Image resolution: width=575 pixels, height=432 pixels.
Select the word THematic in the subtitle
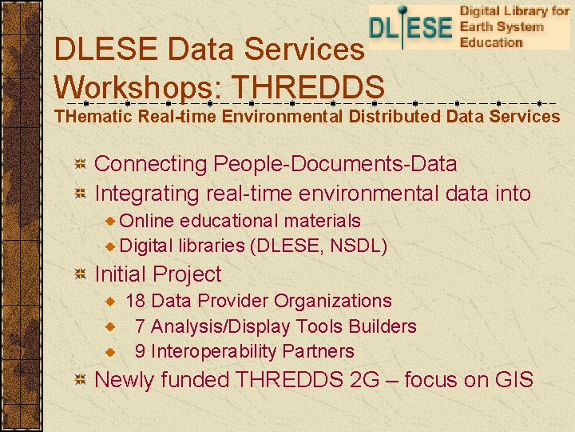click(x=93, y=117)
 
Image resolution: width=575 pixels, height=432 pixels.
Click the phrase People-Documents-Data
click(x=335, y=164)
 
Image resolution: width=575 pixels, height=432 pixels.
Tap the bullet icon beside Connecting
click(x=80, y=165)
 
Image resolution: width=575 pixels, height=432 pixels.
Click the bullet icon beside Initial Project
click(x=80, y=275)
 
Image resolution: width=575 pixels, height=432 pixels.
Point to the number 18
click(x=135, y=301)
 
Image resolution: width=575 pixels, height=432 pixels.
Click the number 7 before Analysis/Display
click(x=140, y=326)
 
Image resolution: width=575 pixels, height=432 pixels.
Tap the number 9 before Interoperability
click(x=140, y=351)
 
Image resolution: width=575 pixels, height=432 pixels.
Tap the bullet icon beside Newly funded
click(x=80, y=381)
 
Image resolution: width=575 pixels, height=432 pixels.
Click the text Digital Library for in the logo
click(x=514, y=12)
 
